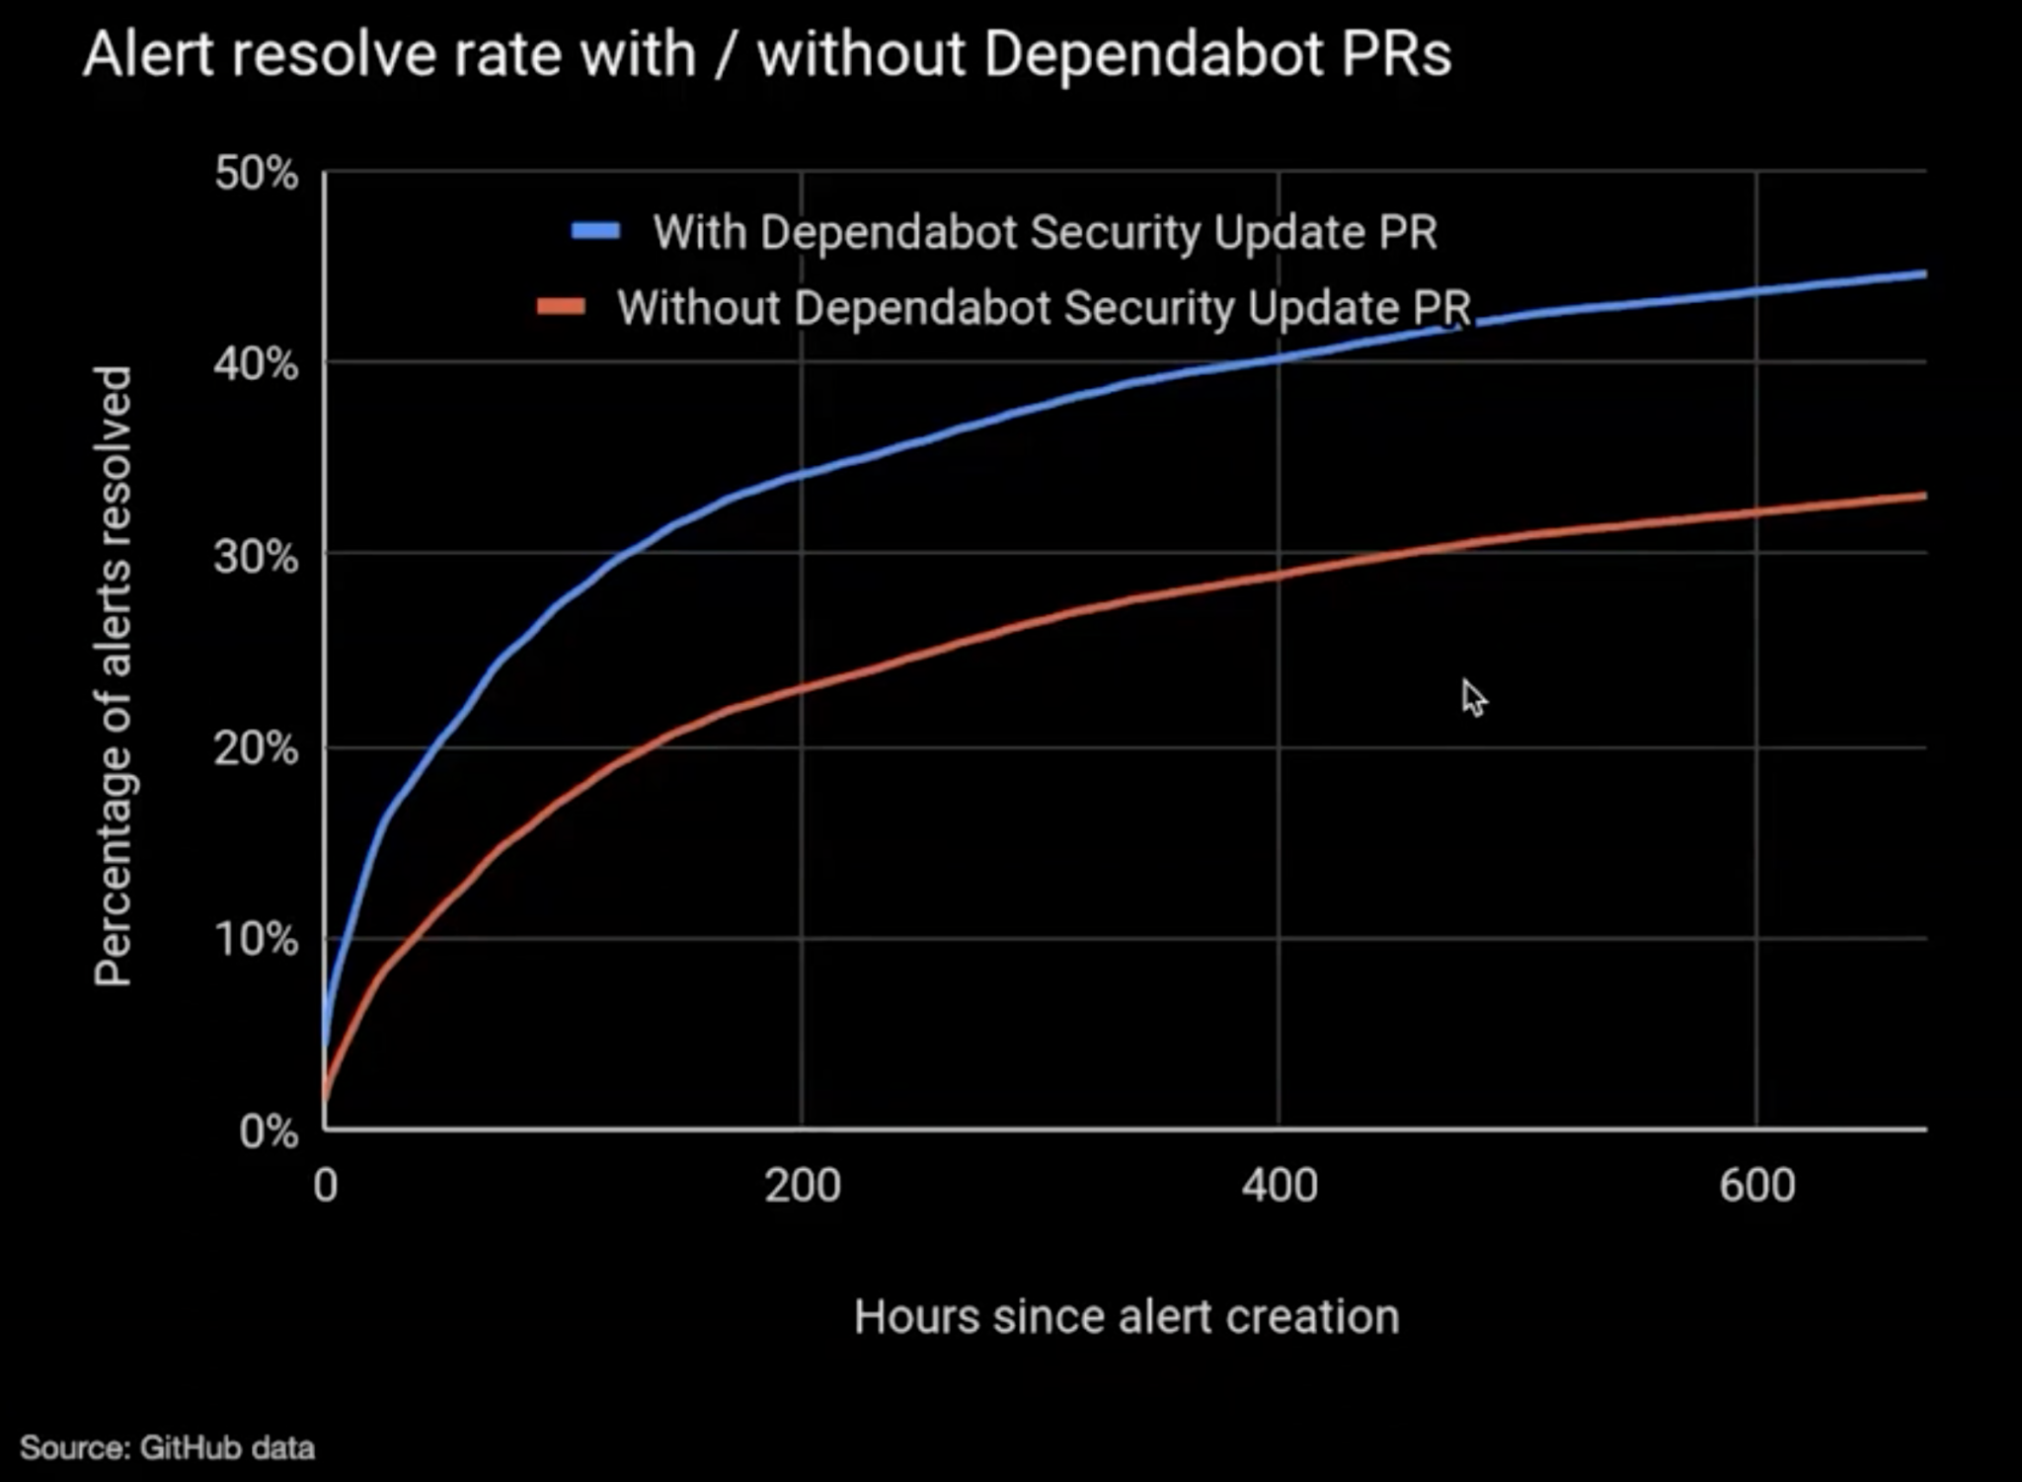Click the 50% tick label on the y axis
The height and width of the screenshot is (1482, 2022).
tap(255, 175)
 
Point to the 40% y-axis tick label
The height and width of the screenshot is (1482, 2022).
tap(255, 366)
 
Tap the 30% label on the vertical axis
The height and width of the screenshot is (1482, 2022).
tap(255, 558)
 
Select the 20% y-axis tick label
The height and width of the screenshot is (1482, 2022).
tap(255, 749)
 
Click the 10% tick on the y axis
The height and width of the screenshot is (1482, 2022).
tap(255, 939)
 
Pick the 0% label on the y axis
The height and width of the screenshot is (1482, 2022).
tap(268, 1131)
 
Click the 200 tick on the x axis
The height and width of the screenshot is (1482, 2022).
tap(802, 1185)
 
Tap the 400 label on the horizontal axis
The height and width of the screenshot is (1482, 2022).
tap(1280, 1185)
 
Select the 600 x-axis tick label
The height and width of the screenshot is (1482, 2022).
tap(1756, 1185)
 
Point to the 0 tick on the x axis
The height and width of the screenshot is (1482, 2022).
tap(326, 1185)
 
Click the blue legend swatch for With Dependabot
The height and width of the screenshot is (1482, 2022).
tap(596, 231)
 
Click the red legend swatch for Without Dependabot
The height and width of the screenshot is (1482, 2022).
tap(562, 306)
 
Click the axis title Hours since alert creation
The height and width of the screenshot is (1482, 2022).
tap(1127, 1317)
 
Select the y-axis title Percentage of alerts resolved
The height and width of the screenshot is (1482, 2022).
tap(113, 676)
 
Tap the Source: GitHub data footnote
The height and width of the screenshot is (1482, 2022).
tap(167, 1448)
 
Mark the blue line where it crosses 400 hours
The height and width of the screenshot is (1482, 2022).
tap(1280, 357)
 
